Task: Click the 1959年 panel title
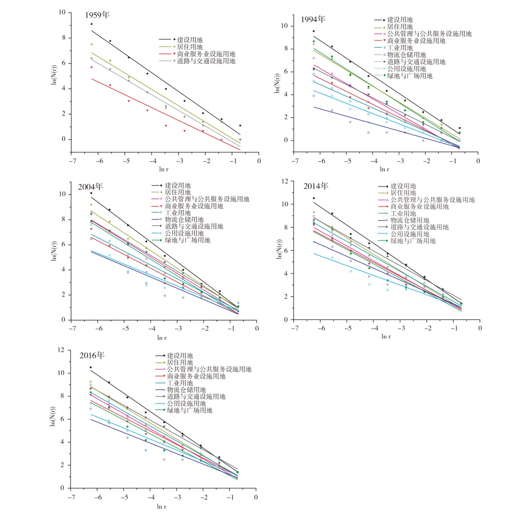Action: pos(97,15)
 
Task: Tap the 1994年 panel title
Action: pos(313,19)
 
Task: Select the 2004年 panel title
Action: pos(90,187)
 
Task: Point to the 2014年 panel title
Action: pos(316,186)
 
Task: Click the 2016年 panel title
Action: pos(92,356)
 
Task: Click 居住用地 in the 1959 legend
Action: pos(189,47)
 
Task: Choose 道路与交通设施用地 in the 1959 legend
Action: pos(206,61)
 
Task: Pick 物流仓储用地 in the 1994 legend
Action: pos(406,55)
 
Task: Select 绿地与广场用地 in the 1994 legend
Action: pos(410,76)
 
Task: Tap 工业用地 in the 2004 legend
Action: pos(178,213)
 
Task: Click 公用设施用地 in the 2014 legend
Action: pos(409,234)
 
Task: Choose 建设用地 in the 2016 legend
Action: pos(180,356)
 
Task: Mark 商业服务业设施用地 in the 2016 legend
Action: pos(196,376)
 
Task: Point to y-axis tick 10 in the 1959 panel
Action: pos(62,12)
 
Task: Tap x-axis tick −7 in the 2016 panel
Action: pos(71,497)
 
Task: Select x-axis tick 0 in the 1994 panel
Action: pos(478,161)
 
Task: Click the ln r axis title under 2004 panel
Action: pos(162,338)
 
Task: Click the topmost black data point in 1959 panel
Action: pos(91,24)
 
